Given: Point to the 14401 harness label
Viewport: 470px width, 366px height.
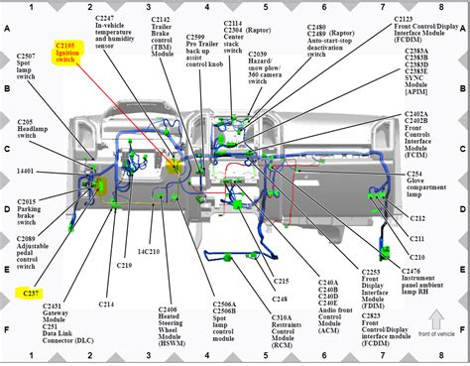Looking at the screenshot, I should point(29,171).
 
